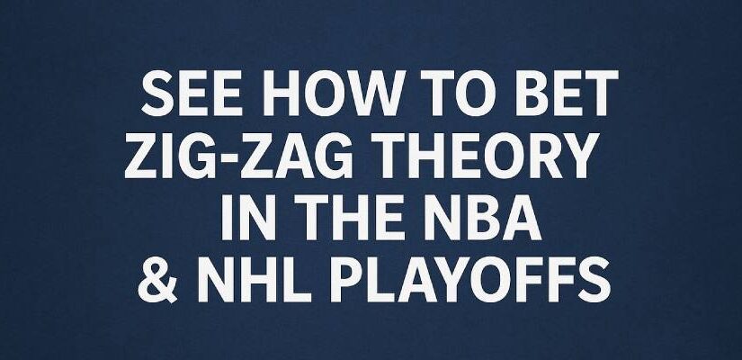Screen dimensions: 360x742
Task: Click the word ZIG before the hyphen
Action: (x=156, y=160)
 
